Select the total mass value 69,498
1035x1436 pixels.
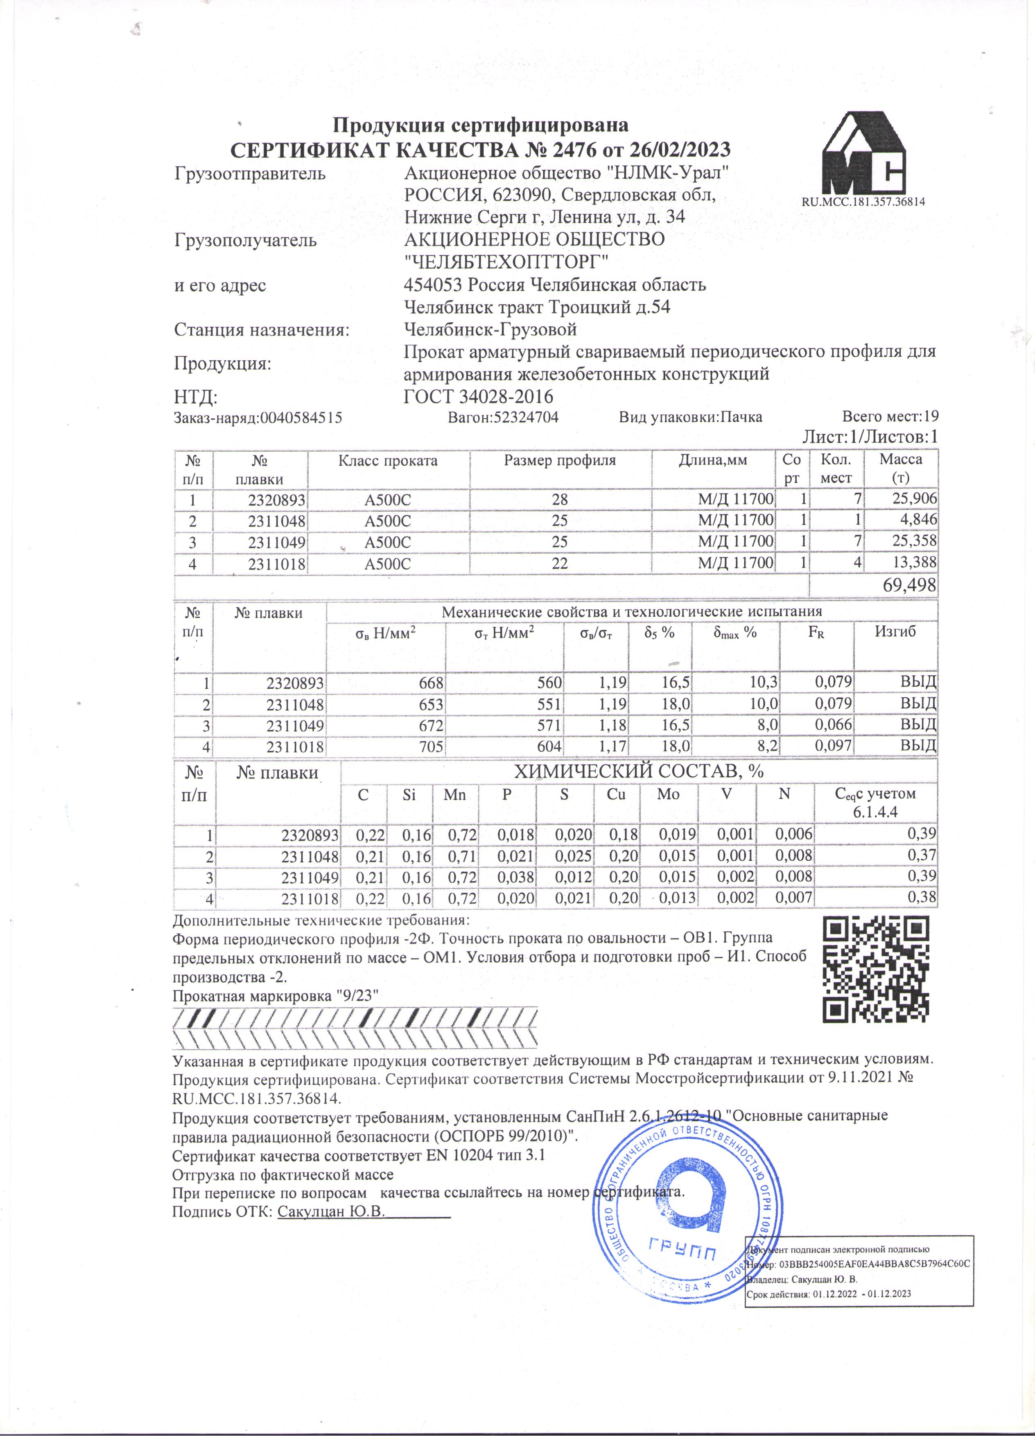909,586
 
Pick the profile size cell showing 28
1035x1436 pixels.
560,500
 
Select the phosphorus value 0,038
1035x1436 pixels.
516,877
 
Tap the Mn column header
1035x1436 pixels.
454,794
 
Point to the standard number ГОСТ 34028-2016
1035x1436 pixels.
479,397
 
